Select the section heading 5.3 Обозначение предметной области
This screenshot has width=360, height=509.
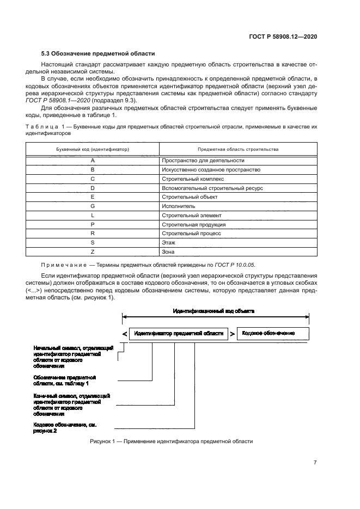[x=98, y=53]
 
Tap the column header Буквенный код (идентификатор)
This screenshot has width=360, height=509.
[x=93, y=149]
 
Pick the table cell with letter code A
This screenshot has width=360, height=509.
[x=93, y=161]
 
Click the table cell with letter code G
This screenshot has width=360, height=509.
[x=93, y=206]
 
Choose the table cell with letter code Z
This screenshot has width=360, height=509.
[x=93, y=252]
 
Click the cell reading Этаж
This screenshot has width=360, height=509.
[x=168, y=243]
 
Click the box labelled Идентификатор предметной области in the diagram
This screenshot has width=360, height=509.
[x=178, y=332]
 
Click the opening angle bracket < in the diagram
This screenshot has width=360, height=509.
[x=125, y=333]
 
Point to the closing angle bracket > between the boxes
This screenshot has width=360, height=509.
[x=233, y=333]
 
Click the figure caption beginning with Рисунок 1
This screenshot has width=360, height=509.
[x=172, y=441]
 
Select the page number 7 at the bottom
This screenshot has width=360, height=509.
[x=315, y=463]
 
